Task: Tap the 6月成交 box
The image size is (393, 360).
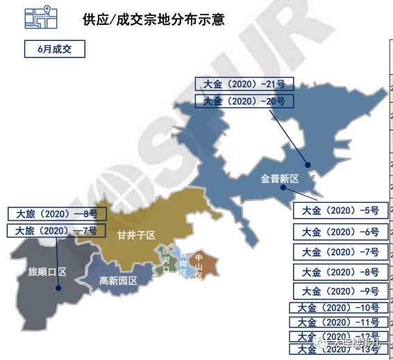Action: coord(54,49)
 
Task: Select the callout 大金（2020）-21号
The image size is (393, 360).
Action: coord(244,85)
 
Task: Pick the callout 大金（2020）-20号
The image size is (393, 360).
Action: coord(244,101)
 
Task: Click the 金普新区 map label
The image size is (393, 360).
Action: coord(279,178)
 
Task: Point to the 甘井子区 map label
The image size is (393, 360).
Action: coord(135,236)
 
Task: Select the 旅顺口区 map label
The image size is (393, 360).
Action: coord(47,271)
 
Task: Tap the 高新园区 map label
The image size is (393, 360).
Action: coord(118,281)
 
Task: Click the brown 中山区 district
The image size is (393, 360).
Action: coord(203,264)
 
